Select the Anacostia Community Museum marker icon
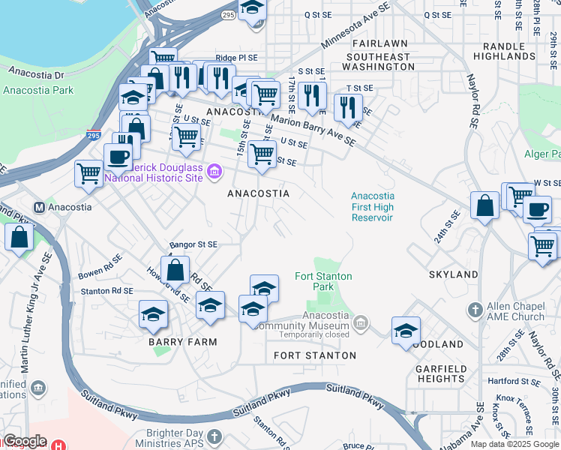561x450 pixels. (x=361, y=323)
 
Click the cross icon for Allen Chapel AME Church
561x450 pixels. (x=474, y=309)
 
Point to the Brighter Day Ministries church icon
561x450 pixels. (x=214, y=436)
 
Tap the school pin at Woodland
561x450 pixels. (x=406, y=331)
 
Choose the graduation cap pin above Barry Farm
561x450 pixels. (x=154, y=314)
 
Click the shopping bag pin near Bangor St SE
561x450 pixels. (x=175, y=269)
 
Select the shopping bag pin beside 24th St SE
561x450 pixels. (x=485, y=205)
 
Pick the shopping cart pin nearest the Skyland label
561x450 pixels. (x=542, y=245)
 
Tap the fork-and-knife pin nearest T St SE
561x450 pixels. (x=348, y=107)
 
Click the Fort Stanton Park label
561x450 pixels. (x=323, y=281)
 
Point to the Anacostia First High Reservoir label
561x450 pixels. (x=373, y=207)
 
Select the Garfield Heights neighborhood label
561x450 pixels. (x=442, y=373)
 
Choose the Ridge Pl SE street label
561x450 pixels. (x=236, y=58)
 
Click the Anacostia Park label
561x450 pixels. (x=38, y=90)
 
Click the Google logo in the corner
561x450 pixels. (x=24, y=441)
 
